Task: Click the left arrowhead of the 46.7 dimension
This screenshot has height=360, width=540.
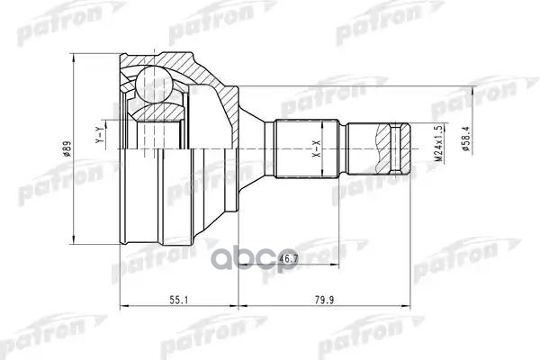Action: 241,265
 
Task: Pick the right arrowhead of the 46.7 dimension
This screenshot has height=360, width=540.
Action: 338,265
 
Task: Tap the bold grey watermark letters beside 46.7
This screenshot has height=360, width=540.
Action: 342,250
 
